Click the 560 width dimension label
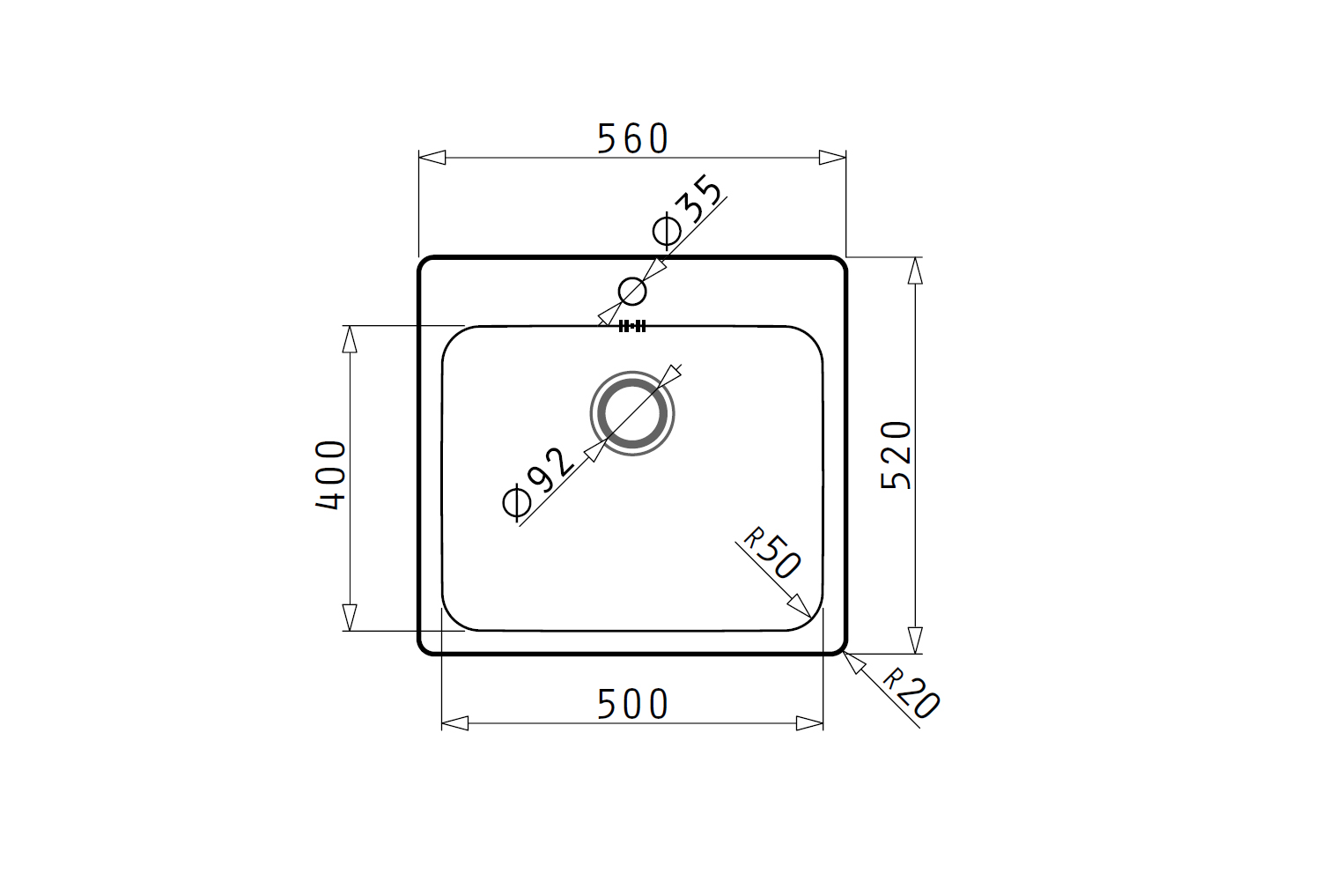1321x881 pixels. [632, 138]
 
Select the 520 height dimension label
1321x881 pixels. [896, 455]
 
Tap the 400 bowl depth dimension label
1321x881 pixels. [330, 475]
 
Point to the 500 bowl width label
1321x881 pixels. [632, 704]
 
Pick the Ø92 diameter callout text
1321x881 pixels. [537, 485]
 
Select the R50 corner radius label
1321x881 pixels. [771, 553]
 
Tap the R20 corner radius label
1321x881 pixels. [911, 694]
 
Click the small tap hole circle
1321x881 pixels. [632, 278]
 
